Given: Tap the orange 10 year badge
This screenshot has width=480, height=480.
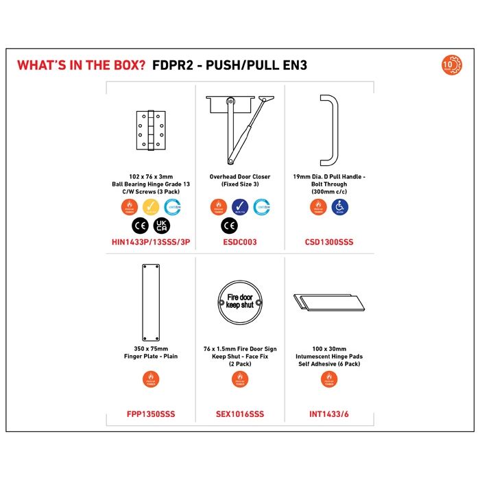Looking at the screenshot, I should tap(452, 66).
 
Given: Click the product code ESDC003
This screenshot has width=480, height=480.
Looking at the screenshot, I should tap(240, 242).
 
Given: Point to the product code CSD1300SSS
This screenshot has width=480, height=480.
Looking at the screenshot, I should tap(329, 242).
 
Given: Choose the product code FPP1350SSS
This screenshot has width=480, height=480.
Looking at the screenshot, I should tap(151, 414).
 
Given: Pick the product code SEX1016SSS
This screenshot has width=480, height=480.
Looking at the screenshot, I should tap(240, 414).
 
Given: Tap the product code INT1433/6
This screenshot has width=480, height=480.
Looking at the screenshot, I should tap(329, 414).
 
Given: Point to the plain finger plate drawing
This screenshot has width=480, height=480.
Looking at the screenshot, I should tap(151, 302).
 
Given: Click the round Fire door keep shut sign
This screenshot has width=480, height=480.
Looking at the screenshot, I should tap(240, 300).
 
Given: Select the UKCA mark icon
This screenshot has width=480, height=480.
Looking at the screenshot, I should tap(163, 225).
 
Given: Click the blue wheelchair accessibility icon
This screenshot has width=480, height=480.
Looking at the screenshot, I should tap(341, 206).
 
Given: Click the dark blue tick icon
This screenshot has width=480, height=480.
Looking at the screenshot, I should tap(240, 206).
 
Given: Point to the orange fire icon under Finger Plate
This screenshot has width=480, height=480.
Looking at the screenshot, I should tap(151, 379).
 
